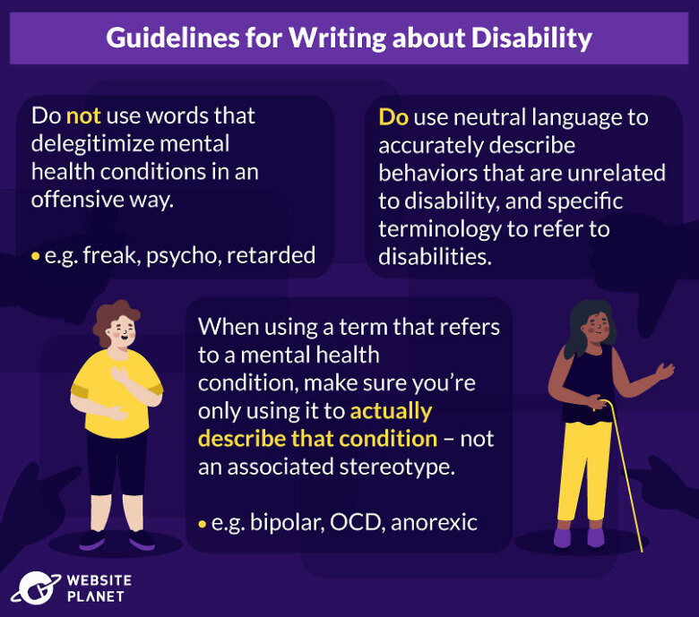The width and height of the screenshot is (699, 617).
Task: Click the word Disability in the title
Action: (531, 38)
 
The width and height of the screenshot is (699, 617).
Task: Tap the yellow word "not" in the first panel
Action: (83, 116)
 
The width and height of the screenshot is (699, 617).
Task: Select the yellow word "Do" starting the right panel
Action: (393, 117)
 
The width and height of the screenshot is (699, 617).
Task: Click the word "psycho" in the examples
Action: (184, 256)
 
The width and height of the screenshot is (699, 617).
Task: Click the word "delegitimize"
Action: (130, 144)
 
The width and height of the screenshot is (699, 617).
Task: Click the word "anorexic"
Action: (435, 522)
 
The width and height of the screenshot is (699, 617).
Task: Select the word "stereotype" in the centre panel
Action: (397, 467)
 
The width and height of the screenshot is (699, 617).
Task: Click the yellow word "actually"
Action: (391, 412)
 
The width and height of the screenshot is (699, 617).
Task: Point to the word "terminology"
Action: (439, 230)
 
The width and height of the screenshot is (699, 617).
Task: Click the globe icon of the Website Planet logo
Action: (36, 588)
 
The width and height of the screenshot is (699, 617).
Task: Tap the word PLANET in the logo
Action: (95, 596)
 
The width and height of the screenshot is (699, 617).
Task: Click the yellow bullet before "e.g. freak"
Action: (36, 257)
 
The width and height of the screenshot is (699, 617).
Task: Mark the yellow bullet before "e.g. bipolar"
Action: (203, 524)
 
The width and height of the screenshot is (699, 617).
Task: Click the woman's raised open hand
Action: (665, 371)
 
